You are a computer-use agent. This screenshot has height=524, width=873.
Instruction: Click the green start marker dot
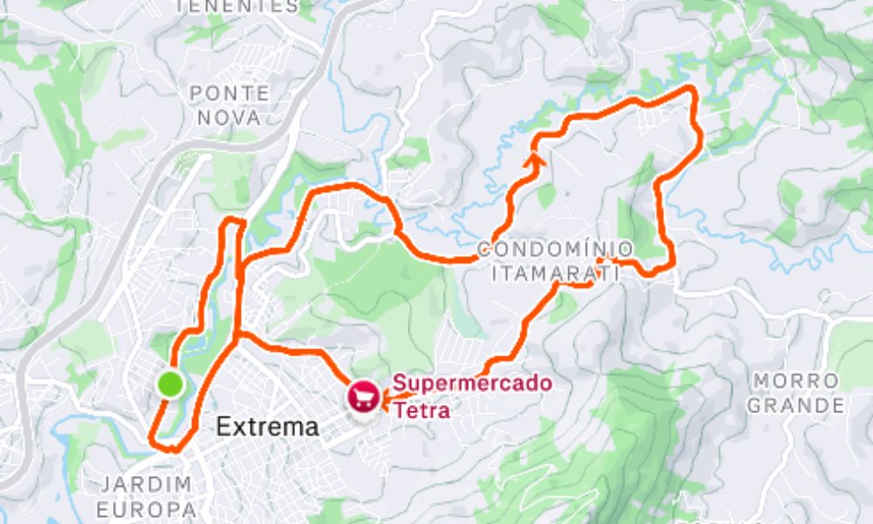click(171, 383)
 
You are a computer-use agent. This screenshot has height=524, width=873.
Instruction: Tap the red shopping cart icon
click(364, 398)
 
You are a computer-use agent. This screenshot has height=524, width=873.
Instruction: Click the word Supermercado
click(471, 383)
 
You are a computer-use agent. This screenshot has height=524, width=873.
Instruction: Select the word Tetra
click(422, 410)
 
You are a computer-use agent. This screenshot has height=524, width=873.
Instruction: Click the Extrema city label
click(267, 428)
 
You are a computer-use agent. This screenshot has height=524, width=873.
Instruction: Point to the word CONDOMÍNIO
click(555, 251)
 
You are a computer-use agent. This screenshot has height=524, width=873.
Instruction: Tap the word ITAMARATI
click(555, 273)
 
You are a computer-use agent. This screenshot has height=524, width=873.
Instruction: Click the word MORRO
click(796, 382)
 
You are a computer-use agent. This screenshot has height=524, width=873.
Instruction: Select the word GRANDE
click(796, 405)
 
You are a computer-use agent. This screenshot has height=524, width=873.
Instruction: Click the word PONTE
click(230, 93)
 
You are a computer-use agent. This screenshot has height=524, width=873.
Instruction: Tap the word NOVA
click(229, 117)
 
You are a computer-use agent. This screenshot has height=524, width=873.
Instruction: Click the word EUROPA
click(146, 509)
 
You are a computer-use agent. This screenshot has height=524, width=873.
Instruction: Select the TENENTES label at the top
click(237, 6)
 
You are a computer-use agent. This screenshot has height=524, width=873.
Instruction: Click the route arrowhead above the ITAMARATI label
click(603, 259)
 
